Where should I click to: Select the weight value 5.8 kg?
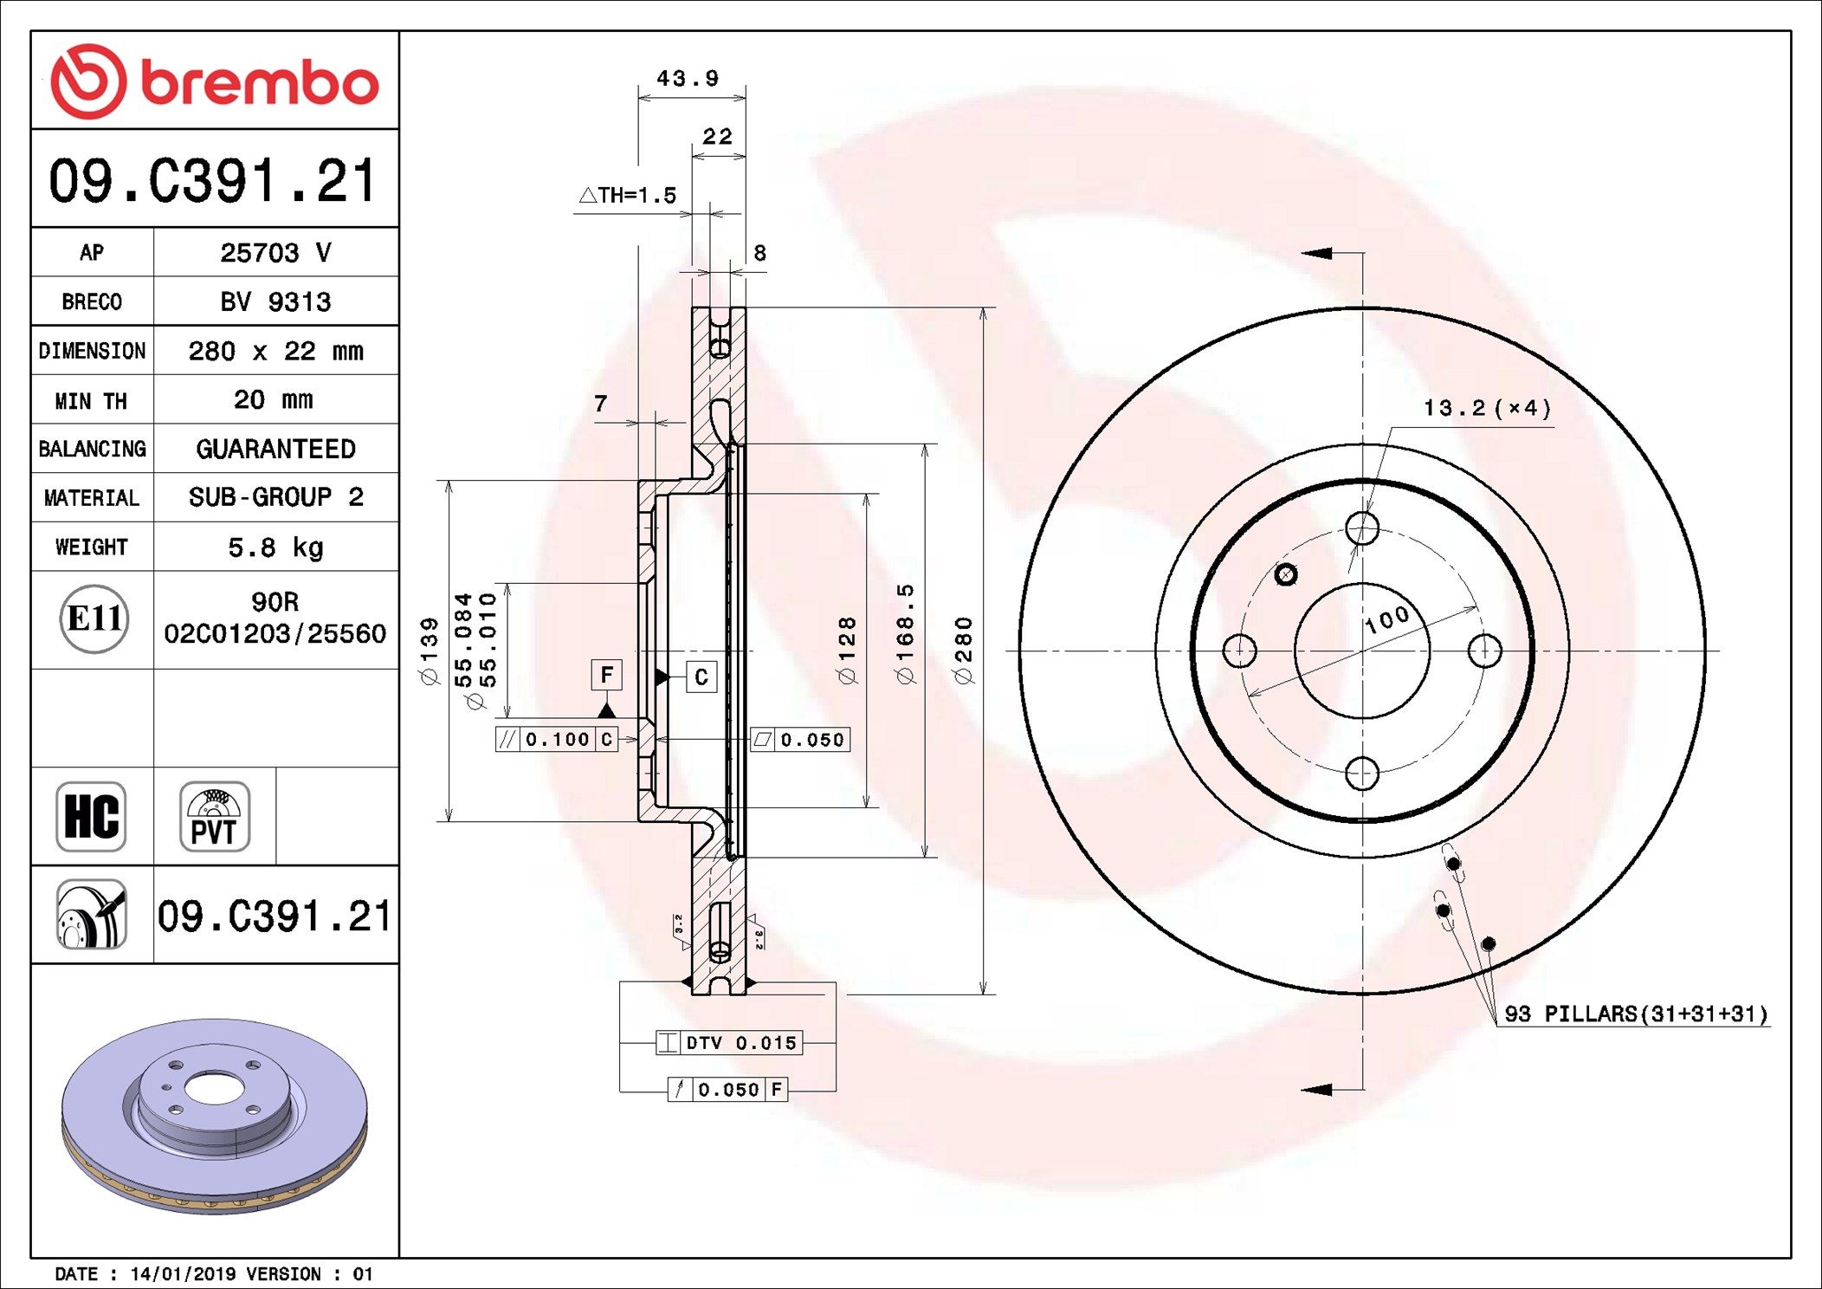pos(275,547)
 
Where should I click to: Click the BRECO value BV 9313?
pos(275,301)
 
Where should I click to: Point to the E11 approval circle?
pos(94,619)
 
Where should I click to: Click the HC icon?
pos(91,816)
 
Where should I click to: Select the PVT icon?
pos(214,816)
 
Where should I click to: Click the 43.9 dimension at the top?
pos(688,79)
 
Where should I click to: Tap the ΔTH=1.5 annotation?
pos(628,195)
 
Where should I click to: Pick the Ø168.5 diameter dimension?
pos(905,634)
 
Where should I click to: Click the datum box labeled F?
pos(606,675)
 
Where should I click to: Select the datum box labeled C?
pos(701,677)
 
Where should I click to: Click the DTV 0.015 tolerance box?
pos(729,1043)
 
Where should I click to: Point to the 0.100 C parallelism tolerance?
pos(557,739)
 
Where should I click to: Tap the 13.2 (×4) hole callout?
pos(1487,408)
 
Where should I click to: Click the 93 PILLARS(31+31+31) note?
pos(1635,1014)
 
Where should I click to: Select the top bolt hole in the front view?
pos(1362,528)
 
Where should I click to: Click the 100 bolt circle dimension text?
pos(1387,619)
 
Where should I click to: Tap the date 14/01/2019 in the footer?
pos(183,1274)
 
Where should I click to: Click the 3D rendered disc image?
pos(214,1115)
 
